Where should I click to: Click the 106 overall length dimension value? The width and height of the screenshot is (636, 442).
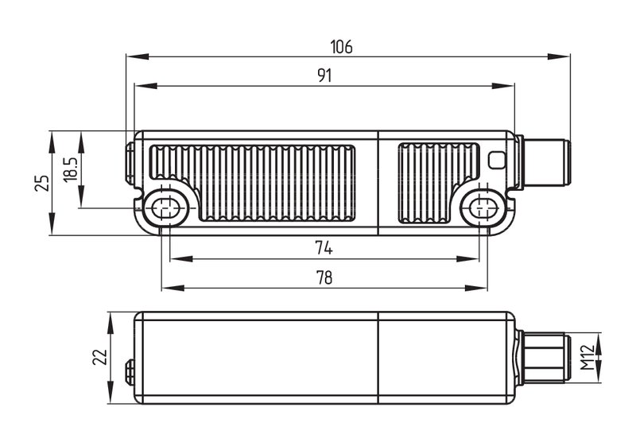coord(341,47)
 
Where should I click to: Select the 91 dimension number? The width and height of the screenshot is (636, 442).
coord(324,76)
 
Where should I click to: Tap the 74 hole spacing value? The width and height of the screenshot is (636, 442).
coord(324,248)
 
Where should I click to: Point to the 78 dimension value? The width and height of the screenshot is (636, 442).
coord(324,277)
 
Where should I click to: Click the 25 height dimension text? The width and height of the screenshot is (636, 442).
coord(42,183)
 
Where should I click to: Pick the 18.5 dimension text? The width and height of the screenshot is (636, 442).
coord(71,169)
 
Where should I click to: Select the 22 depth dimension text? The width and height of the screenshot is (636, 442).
coord(100,357)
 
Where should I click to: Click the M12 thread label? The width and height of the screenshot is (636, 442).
coord(587,357)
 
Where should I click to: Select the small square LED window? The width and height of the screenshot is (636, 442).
coord(497,160)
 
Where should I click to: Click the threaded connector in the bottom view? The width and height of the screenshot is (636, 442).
coord(544,357)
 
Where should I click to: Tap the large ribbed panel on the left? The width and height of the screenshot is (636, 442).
coord(253,183)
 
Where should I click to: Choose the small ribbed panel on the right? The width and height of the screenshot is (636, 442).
coord(439,183)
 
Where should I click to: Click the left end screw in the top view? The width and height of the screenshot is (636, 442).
coord(130,163)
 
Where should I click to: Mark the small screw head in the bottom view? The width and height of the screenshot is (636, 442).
coord(130,372)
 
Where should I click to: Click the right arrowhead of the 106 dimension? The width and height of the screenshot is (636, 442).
coord(559,56)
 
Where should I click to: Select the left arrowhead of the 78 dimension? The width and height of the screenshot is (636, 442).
coord(173,288)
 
